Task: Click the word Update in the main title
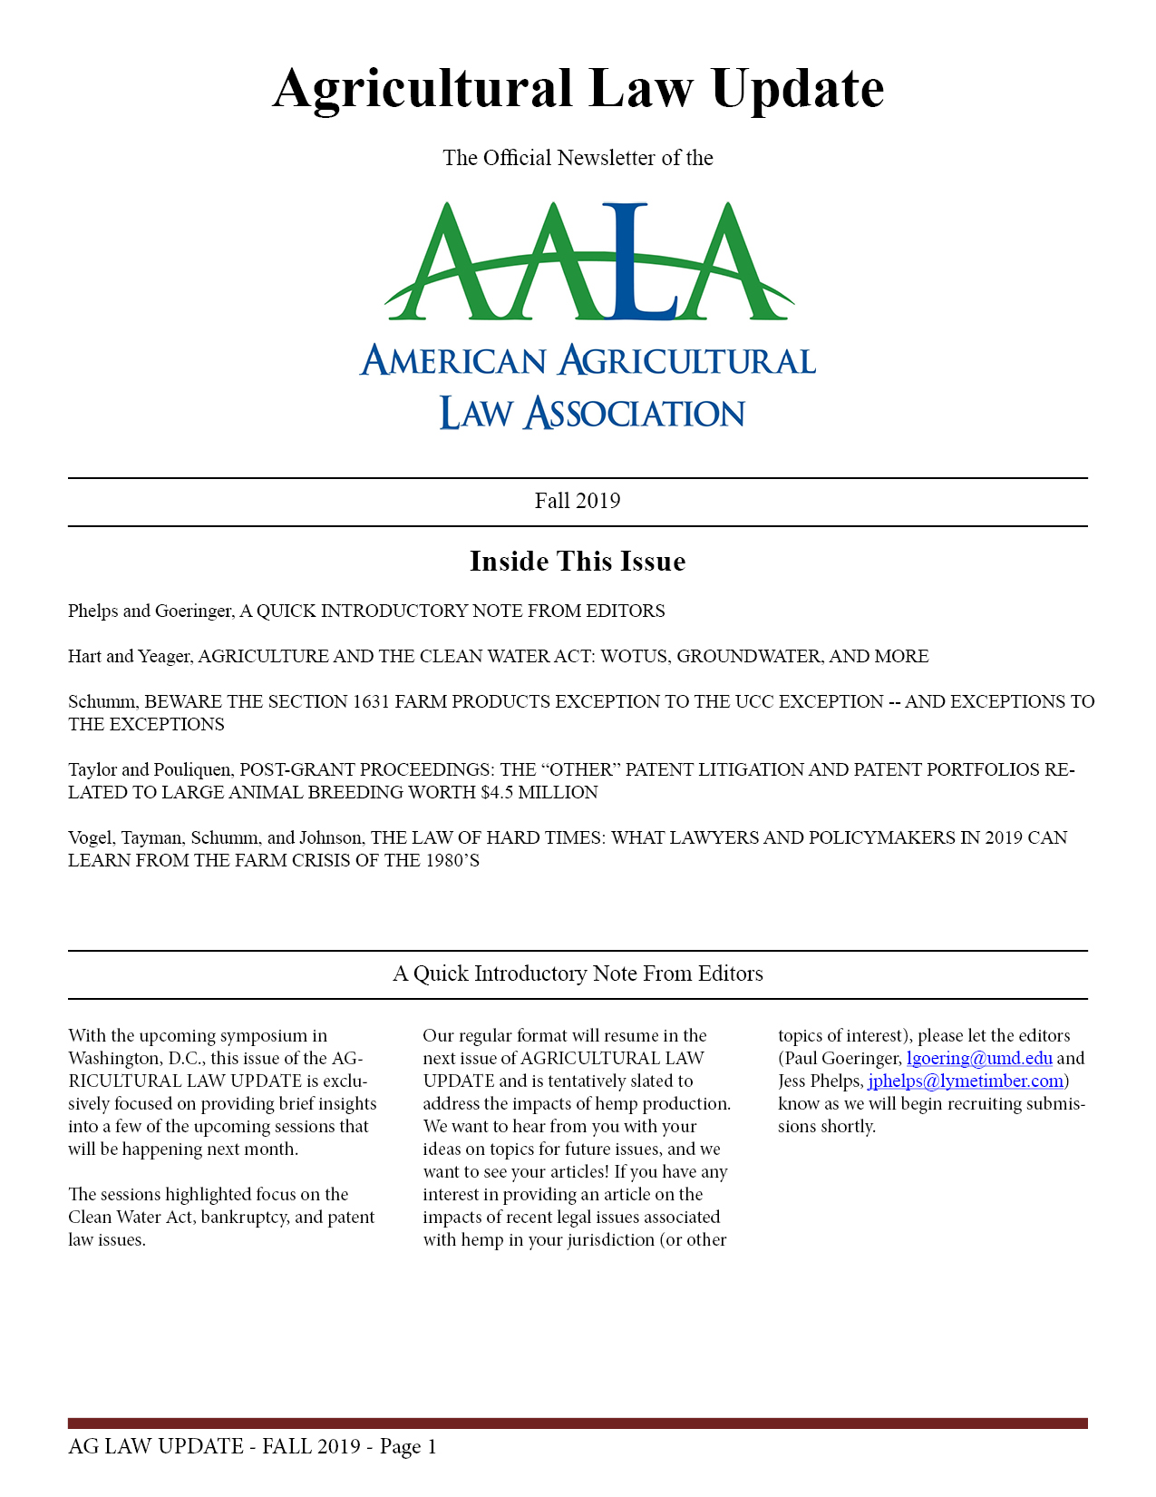pyautogui.click(x=797, y=89)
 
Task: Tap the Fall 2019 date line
pyautogui.click(x=578, y=501)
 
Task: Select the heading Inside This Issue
pyautogui.click(x=578, y=562)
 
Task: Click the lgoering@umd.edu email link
pyautogui.click(x=979, y=1059)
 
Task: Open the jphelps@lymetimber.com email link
pyautogui.click(x=966, y=1081)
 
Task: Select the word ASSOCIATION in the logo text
pyautogui.click(x=635, y=414)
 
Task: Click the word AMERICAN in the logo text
pyautogui.click(x=453, y=361)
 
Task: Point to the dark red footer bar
pyautogui.click(x=578, y=1423)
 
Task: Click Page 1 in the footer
pyautogui.click(x=408, y=1446)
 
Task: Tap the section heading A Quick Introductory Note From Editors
pyautogui.click(x=578, y=974)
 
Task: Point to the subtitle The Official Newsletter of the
pyautogui.click(x=578, y=158)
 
